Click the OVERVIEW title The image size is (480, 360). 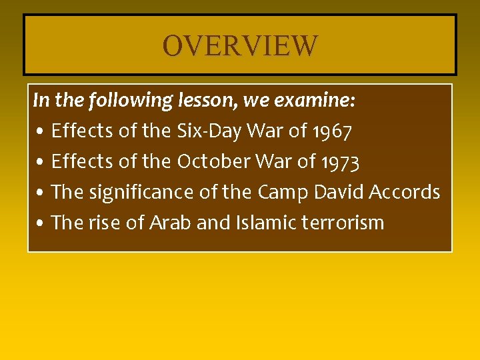(240, 46)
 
